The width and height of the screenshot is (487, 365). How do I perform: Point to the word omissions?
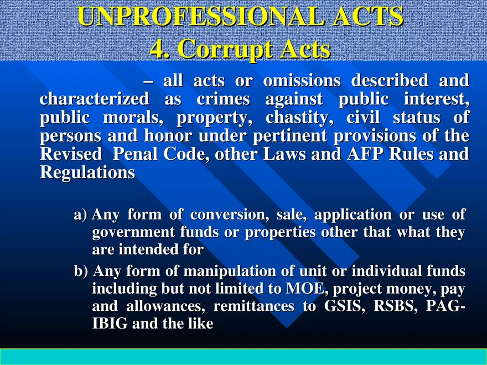[x=302, y=81]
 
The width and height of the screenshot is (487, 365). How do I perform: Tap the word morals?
[x=139, y=119]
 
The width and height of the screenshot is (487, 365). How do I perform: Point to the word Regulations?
[x=87, y=173]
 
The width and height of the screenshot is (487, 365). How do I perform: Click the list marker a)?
[x=81, y=215]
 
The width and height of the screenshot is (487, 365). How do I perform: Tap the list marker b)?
[x=81, y=272]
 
